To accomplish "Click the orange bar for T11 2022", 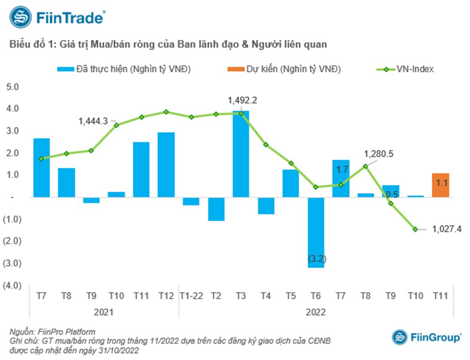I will pos(440,185).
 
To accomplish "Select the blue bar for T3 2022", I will pos(241,154).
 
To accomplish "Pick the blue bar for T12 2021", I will pos(166,164).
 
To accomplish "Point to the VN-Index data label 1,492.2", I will pos(243,101).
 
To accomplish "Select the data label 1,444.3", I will pos(94,122).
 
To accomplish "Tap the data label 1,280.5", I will pos(379,154).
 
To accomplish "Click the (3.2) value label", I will pos(316,260).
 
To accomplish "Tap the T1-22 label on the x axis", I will pos(191,296).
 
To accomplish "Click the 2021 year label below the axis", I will pos(104,312).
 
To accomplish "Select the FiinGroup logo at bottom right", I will pos(426,337).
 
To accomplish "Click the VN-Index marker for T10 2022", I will pos(416,229).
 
